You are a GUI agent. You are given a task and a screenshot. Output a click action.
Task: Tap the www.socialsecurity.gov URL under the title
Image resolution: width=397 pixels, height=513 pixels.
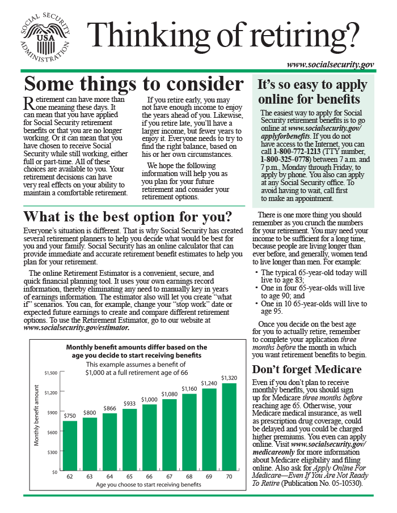click(330, 65)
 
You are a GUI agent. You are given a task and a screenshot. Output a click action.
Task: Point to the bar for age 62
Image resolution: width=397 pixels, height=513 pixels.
click(70, 446)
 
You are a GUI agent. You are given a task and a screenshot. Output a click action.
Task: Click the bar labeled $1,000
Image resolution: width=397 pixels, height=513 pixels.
click(149, 438)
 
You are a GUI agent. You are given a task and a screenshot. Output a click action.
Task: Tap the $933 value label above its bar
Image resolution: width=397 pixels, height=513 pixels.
click(129, 403)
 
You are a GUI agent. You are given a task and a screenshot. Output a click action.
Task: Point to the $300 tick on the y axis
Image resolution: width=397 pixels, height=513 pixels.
click(52, 452)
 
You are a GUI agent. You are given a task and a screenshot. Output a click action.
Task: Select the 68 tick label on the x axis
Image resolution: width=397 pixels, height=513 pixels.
click(189, 477)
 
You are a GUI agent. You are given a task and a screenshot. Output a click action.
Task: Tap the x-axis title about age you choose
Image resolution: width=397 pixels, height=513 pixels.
click(149, 485)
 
